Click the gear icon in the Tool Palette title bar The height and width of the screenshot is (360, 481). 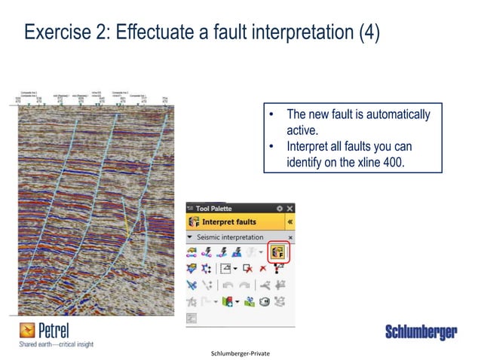pos(280,208)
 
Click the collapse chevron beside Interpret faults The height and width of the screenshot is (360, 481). pos(290,222)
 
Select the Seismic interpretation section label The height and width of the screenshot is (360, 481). pos(231,237)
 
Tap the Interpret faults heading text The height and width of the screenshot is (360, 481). pos(229,222)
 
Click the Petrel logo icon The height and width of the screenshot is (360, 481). pos(27,330)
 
